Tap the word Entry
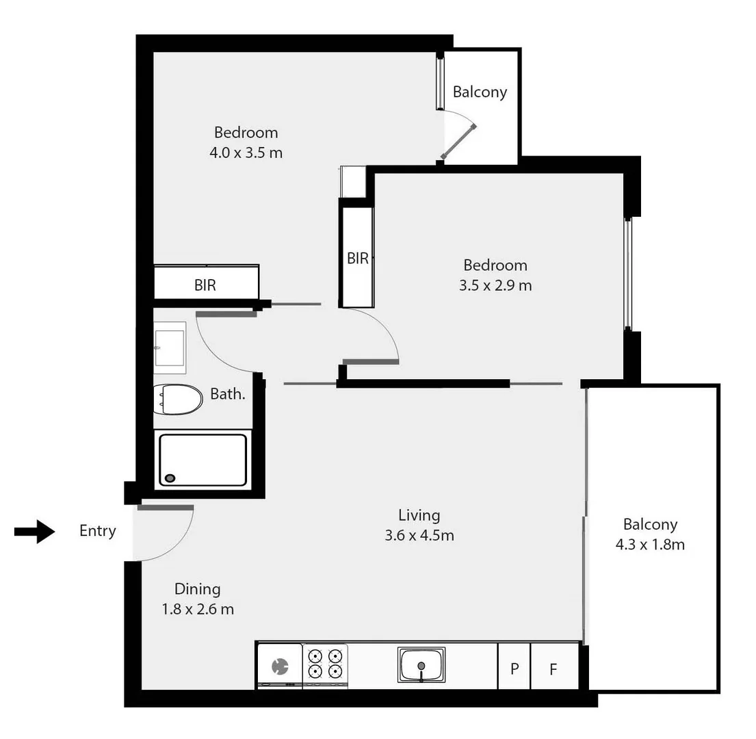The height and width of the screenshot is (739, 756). click(98, 531)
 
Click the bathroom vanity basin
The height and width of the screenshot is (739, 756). click(169, 348)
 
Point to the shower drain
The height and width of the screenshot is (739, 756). click(170, 478)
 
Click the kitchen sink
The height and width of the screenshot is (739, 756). click(421, 664)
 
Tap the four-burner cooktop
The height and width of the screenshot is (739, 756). click(325, 663)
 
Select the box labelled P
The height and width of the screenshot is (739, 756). click(514, 667)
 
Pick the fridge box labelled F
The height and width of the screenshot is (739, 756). click(553, 667)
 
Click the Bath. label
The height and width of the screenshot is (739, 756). click(227, 394)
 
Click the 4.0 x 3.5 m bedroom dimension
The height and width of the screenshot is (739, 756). click(246, 153)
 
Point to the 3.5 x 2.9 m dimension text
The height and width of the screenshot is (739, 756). click(495, 285)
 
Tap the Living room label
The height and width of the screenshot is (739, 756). click(419, 515)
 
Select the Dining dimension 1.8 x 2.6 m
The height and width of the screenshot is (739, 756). click(198, 609)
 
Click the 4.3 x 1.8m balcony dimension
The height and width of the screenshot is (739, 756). click(650, 545)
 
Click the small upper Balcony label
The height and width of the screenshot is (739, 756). click(480, 92)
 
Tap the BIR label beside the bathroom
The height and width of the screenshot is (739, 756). click(205, 285)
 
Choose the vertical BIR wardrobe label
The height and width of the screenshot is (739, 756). click(357, 259)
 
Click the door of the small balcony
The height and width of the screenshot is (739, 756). click(458, 142)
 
